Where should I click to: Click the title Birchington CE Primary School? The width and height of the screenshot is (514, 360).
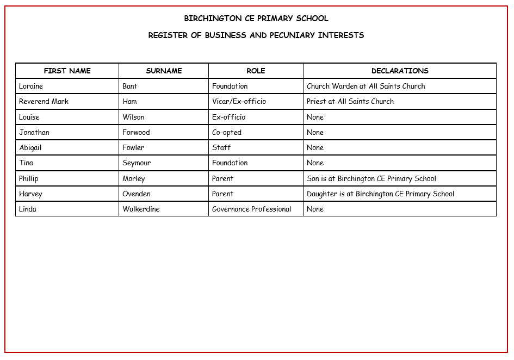pos(256,18)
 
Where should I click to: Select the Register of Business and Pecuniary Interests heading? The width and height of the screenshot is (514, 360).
pos(256,35)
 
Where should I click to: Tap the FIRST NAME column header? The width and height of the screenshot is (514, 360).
pos(67,71)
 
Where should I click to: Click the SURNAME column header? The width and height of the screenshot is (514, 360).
pos(164,71)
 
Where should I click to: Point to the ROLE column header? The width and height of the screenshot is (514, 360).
pos(256,71)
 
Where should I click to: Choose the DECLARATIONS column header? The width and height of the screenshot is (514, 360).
pos(400,71)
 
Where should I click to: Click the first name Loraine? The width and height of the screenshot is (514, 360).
pos(31,86)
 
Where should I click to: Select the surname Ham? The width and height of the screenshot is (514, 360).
pos(129,101)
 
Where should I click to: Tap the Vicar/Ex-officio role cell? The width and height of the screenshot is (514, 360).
pos(239,101)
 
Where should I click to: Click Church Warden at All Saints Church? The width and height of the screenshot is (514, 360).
pos(366,86)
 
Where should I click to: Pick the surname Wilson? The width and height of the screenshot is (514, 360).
pos(133,117)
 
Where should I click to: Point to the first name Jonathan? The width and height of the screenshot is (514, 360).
pos(34,132)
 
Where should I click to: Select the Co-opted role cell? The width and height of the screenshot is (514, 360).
pos(227,132)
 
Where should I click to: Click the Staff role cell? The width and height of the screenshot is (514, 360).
pos(221,147)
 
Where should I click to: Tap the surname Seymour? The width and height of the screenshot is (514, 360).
pos(137,163)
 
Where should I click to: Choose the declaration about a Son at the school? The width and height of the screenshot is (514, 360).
pos(371,178)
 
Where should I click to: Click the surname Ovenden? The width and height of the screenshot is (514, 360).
pos(137,194)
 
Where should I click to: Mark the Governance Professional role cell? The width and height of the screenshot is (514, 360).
pos(251,209)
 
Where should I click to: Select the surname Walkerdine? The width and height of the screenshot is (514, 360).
pos(141,209)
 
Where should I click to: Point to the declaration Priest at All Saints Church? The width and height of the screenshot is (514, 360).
pos(350,101)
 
